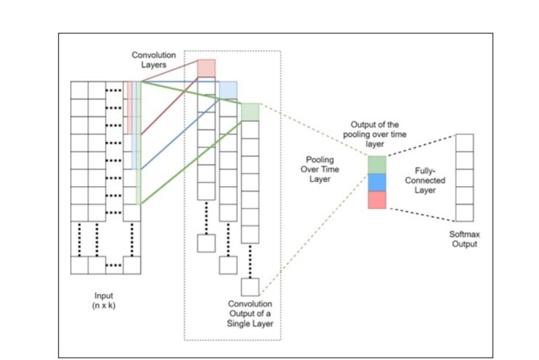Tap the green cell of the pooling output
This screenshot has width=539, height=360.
pos(377,164)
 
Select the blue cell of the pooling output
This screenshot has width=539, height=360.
pos(377,182)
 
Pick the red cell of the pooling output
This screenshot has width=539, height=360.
pos(377,200)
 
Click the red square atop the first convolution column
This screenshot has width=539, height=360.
pos(206,68)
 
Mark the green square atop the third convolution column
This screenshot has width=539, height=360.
pos(250,112)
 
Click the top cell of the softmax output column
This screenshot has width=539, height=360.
pos(464,143)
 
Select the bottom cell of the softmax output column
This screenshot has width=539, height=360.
pos(464,212)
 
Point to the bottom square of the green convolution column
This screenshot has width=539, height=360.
pos(250,287)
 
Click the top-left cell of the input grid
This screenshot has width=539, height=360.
pos(80,90)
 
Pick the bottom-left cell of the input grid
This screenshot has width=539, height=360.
pos(80,265)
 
